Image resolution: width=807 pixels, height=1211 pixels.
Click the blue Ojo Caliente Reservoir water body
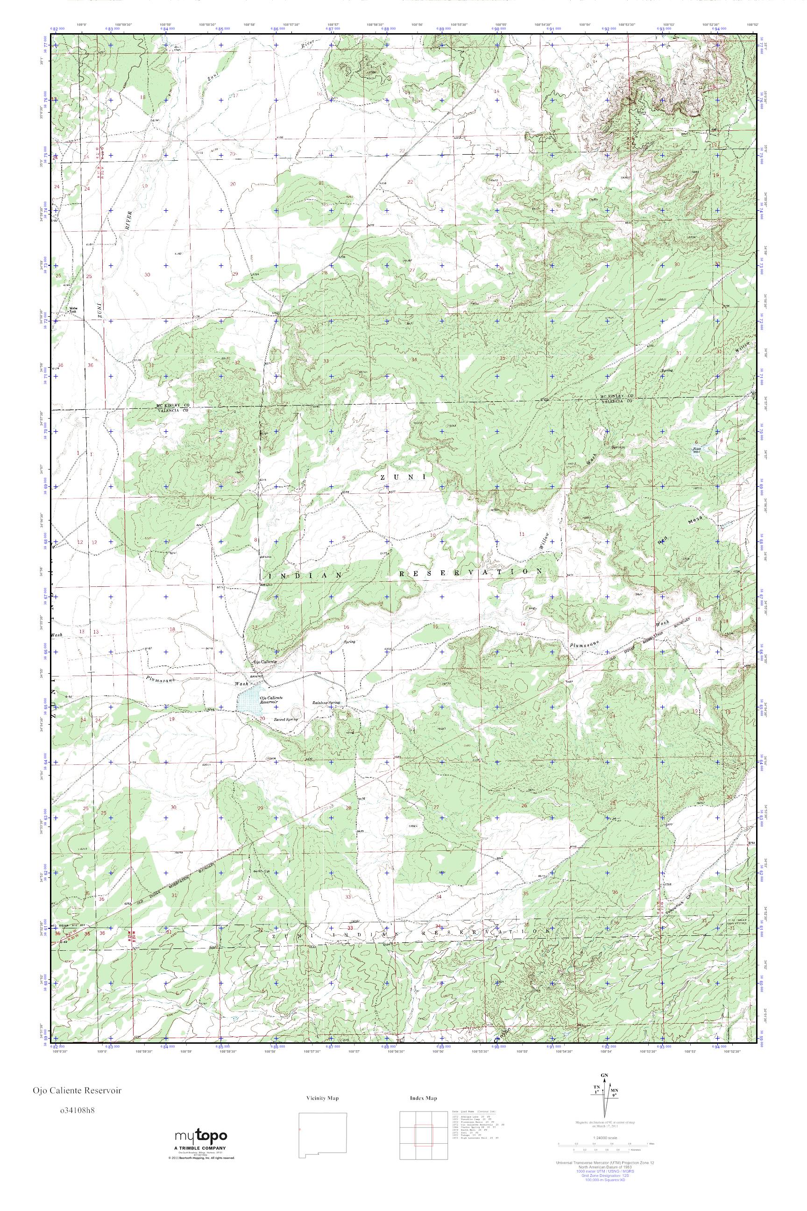(248, 701)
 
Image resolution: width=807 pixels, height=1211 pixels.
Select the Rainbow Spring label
(327, 702)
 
